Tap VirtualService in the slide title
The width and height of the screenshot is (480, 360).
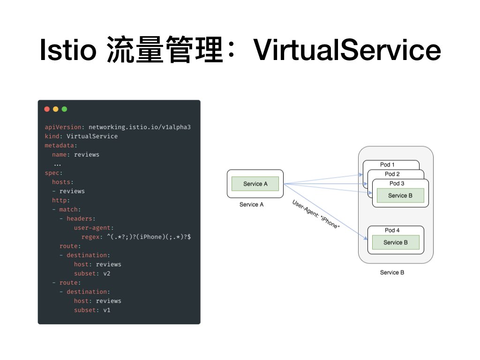click(x=347, y=51)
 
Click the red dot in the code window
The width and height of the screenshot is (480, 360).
click(x=47, y=109)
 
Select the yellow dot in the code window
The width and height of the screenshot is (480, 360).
click(x=55, y=109)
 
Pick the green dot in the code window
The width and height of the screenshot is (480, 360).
click(x=64, y=109)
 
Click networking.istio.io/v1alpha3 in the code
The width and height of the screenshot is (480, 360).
click(x=140, y=127)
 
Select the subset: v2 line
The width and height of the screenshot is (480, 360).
click(x=92, y=273)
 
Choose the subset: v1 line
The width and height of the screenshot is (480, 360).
click(x=92, y=310)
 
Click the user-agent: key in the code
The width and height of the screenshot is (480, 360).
click(x=94, y=228)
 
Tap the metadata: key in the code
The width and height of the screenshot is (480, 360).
click(x=61, y=145)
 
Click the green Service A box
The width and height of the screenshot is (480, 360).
click(x=255, y=184)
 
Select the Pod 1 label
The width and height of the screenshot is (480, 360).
click(x=387, y=165)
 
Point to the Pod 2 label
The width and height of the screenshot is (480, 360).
click(x=392, y=174)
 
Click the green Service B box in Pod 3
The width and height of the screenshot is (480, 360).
click(x=400, y=195)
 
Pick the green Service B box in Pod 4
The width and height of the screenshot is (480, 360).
click(x=396, y=242)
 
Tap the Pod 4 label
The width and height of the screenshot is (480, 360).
click(x=392, y=230)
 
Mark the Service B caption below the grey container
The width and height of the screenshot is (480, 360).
click(x=392, y=272)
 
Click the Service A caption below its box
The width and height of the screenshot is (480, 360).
click(x=252, y=204)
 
